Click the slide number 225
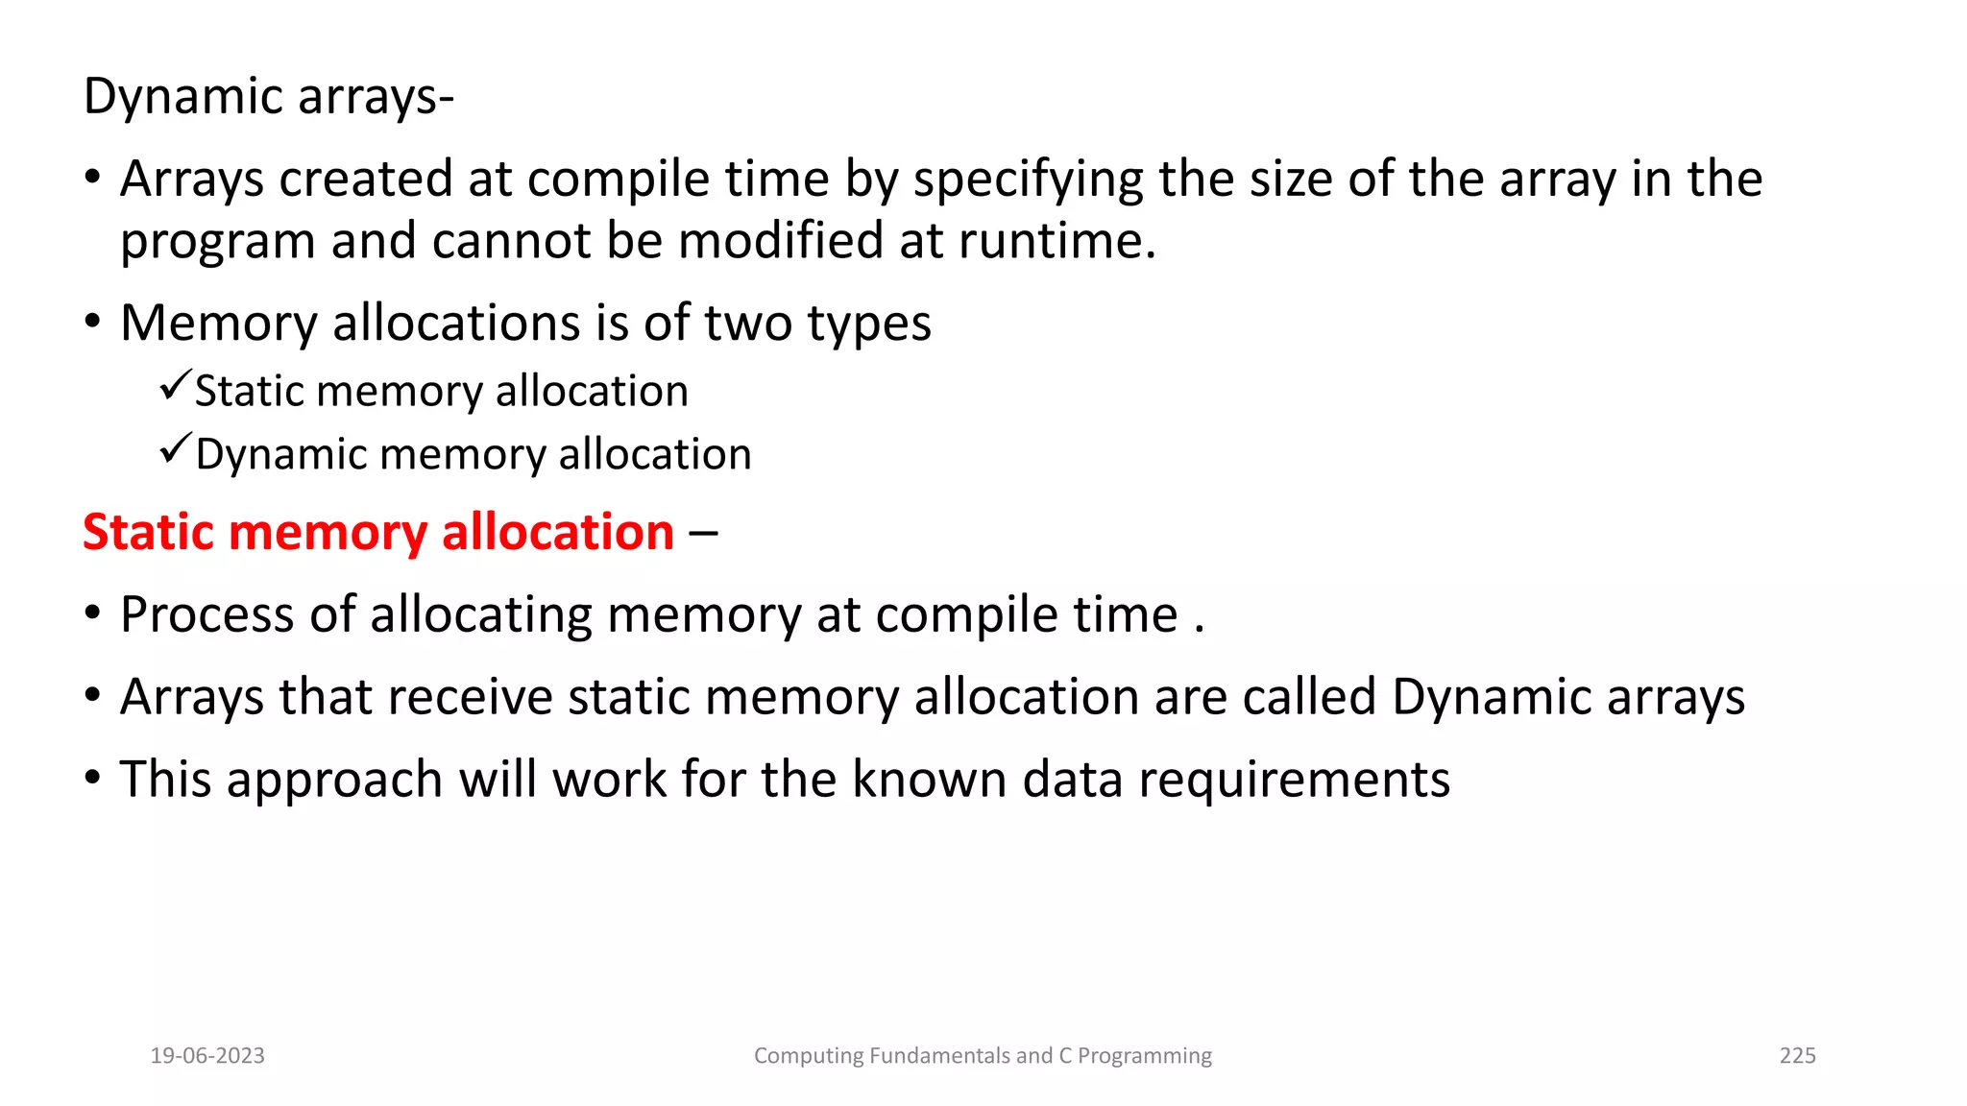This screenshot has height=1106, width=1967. coord(1797,1056)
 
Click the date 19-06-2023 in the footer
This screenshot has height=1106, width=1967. coord(207,1056)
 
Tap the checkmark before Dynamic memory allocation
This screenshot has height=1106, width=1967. coord(175,448)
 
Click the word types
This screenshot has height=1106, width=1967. coord(868,325)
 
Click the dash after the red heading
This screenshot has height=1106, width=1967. coord(703,534)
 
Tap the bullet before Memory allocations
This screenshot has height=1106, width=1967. coord(92,322)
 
